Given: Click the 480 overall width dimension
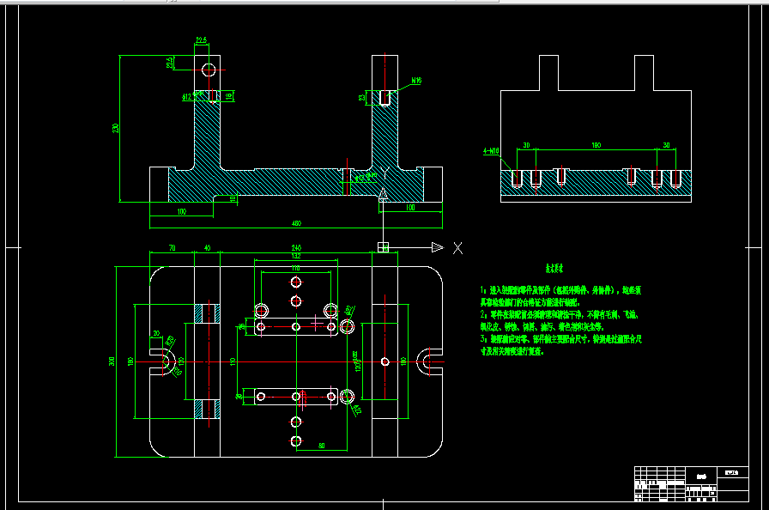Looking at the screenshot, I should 296,224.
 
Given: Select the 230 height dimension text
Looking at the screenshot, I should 115,129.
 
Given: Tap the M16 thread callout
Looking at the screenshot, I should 416,81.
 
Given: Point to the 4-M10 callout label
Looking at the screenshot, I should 492,151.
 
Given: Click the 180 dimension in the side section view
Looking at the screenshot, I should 595,145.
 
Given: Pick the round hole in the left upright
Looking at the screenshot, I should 209,69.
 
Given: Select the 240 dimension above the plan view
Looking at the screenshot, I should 296,248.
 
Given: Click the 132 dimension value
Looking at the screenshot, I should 295,256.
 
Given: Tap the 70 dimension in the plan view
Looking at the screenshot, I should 172,248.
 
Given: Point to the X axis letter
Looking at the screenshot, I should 457,248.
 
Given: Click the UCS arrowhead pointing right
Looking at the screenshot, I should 437,248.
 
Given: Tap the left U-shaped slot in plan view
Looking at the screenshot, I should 164,362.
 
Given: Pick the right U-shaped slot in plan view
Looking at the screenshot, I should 428,361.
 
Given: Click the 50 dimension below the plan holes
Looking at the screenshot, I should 319,446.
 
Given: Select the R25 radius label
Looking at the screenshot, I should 171,343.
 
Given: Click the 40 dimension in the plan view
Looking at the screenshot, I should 207,248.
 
